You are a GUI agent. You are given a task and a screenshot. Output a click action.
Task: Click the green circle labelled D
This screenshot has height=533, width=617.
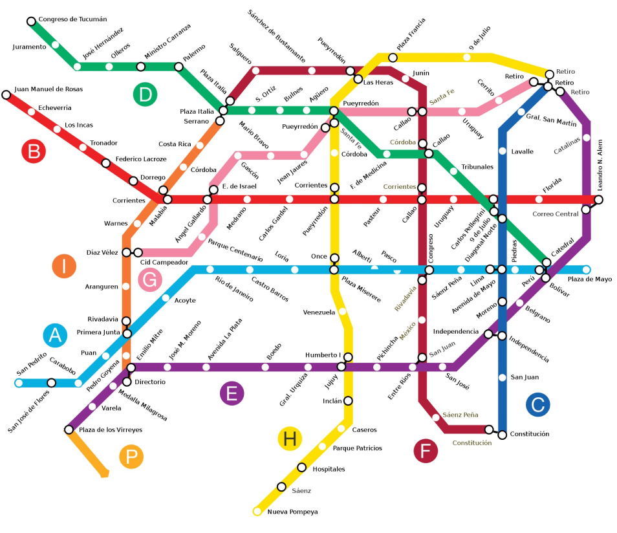point(146,94)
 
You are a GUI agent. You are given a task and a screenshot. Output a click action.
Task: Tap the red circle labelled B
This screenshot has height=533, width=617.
point(34,152)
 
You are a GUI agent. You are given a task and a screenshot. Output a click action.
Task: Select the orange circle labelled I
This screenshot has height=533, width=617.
point(64,266)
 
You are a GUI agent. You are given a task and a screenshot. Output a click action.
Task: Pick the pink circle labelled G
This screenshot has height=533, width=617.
point(150,280)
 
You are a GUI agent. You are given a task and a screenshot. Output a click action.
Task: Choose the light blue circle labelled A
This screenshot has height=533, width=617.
point(55,335)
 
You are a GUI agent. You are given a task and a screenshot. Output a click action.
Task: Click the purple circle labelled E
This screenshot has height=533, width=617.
point(232,393)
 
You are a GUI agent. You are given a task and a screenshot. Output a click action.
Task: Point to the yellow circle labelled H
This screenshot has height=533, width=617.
point(290,439)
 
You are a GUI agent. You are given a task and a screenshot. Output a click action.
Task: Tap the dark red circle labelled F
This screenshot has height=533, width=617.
point(426,451)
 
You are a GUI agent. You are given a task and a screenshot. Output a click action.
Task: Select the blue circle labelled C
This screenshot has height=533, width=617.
point(537,404)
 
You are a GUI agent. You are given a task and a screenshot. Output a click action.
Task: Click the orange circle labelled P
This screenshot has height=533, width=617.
point(131,457)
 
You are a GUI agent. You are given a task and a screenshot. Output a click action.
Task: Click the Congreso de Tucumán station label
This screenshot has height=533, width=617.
point(72,19)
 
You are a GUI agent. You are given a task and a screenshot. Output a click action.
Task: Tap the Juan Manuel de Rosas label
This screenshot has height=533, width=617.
point(49,89)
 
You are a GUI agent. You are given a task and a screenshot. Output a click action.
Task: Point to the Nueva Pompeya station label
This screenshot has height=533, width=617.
point(292,512)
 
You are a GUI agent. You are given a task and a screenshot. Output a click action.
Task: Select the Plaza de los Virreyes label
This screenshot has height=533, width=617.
point(110,430)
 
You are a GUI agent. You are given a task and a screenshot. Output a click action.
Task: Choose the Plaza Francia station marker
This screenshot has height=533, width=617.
point(393,58)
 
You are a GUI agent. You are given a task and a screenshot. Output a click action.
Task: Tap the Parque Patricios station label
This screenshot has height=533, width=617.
point(357,448)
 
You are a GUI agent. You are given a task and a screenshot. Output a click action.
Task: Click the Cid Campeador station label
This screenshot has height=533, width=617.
point(164,263)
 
